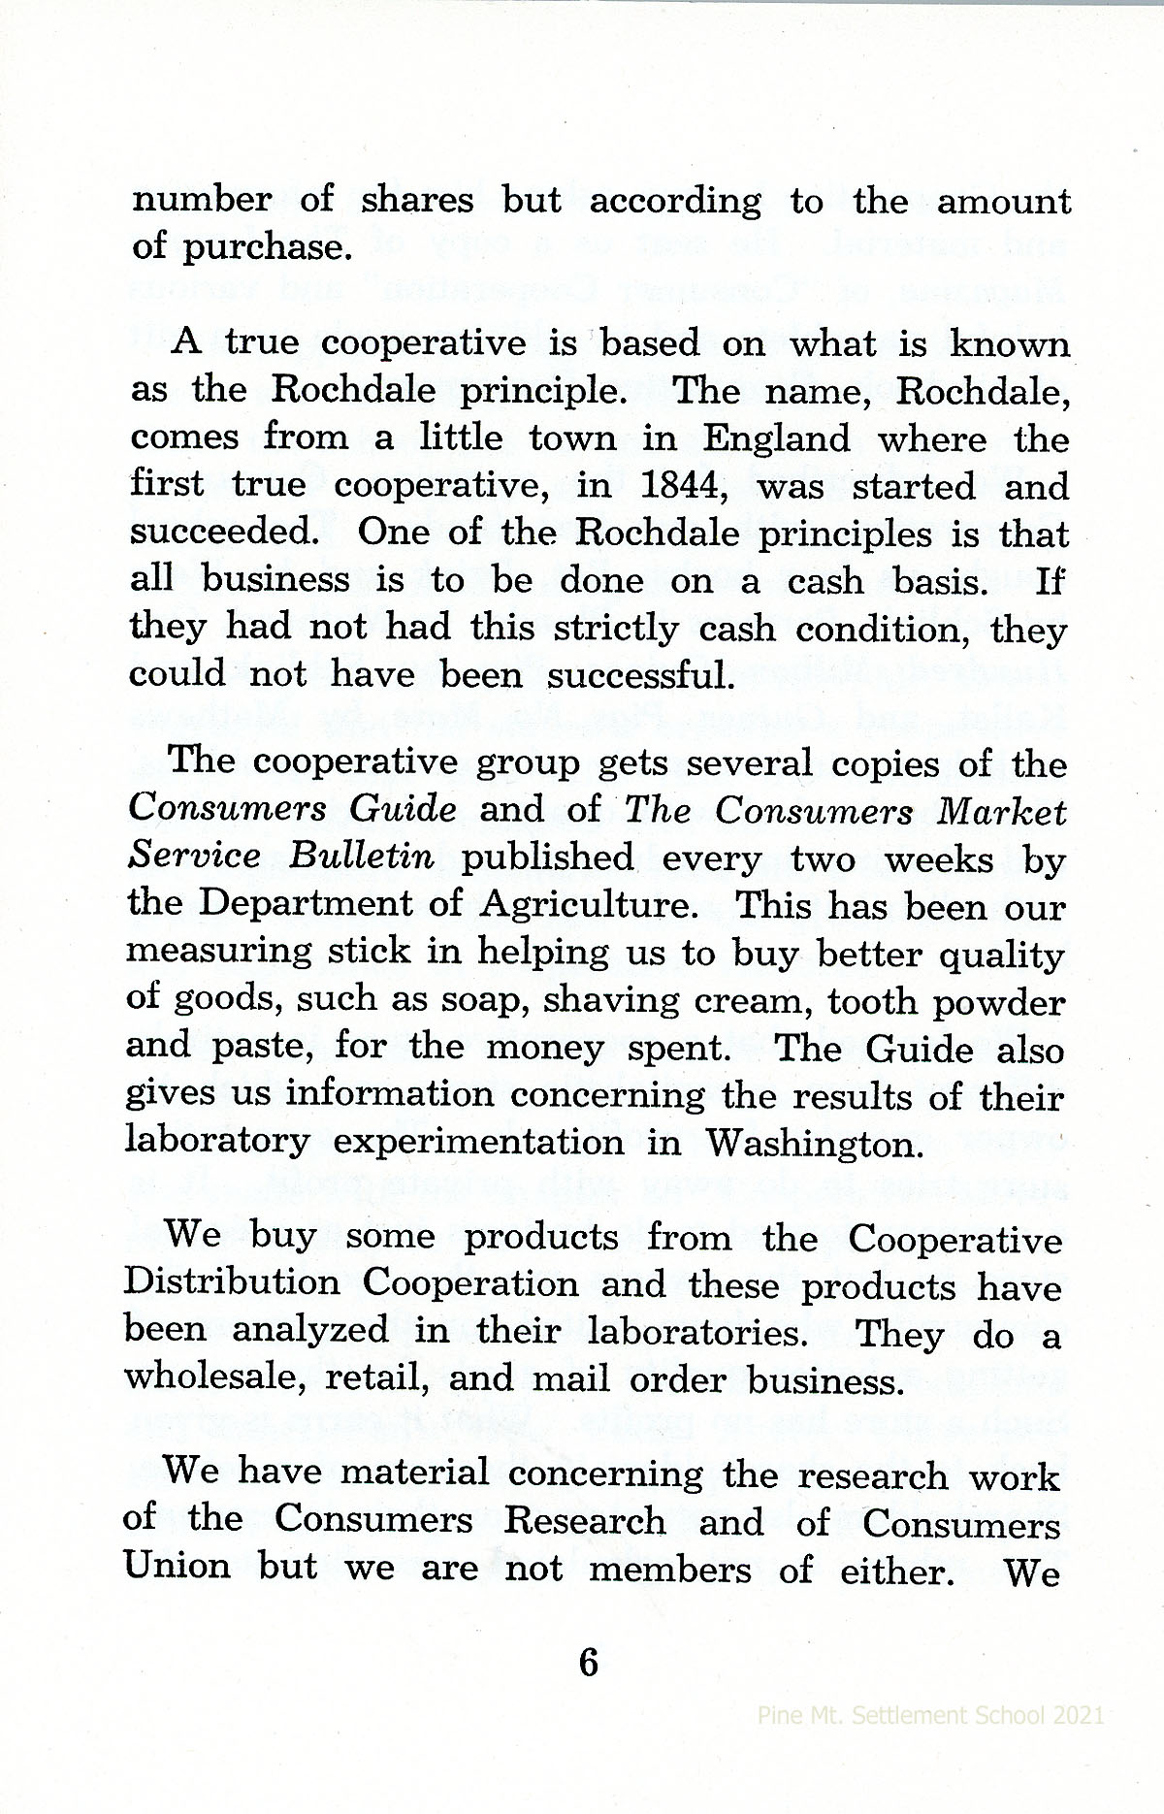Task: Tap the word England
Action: click(x=775, y=438)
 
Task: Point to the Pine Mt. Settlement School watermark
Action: click(x=930, y=1715)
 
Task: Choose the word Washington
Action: click(x=811, y=1144)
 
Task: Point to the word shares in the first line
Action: click(x=417, y=200)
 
